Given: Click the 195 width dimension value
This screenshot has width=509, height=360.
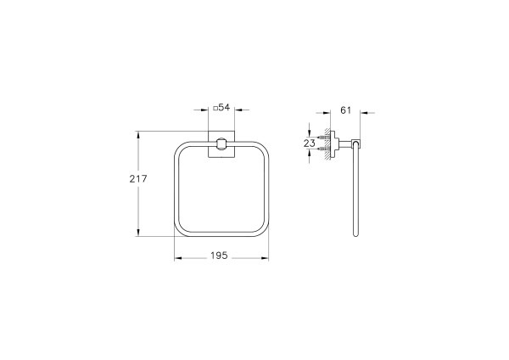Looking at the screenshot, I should (221, 255).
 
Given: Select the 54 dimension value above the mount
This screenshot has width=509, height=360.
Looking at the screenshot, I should (225, 108).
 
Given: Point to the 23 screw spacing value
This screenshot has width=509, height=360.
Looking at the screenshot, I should (310, 144).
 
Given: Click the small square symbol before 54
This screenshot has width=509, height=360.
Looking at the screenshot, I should (216, 108).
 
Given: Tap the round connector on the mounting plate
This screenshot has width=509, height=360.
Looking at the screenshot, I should (221, 144).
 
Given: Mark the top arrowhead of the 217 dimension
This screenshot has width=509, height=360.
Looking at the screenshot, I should (139, 134).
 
